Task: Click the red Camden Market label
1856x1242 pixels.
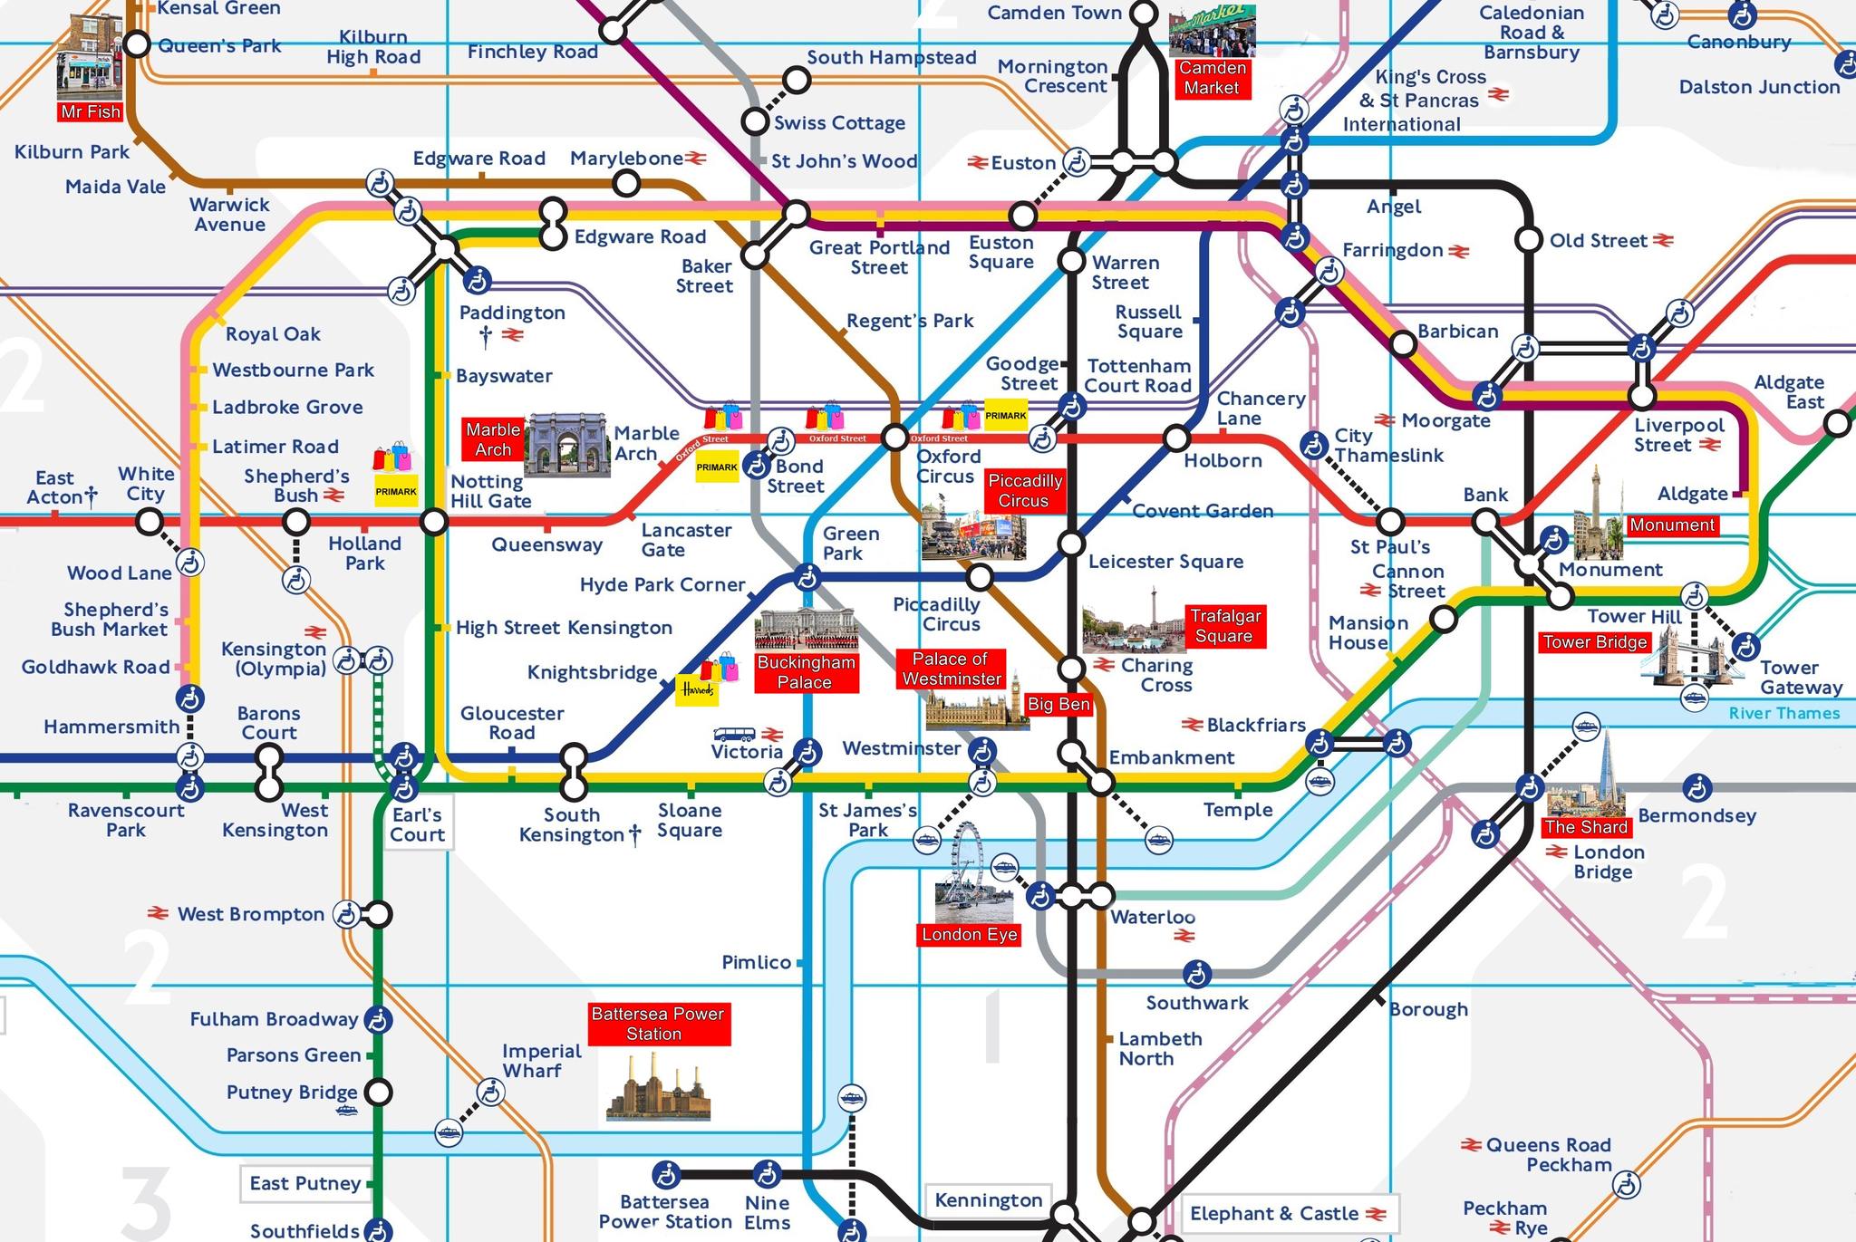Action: tap(1212, 79)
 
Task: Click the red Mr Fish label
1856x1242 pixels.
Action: tap(90, 111)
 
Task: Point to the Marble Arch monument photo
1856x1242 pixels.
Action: tap(567, 444)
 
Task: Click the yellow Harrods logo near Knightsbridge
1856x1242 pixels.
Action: tap(697, 690)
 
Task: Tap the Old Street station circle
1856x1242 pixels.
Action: tap(1529, 240)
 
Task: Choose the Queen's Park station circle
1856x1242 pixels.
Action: tap(137, 43)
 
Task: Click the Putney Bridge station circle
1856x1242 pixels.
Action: tap(379, 1092)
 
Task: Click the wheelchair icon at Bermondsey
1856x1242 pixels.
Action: tap(1696, 788)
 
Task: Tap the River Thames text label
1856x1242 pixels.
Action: tap(1783, 713)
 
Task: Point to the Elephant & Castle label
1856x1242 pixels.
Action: tap(1273, 1213)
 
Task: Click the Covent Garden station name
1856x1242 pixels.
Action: tap(1203, 511)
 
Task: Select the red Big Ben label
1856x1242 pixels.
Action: tap(1058, 704)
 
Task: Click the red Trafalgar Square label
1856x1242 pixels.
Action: tap(1224, 626)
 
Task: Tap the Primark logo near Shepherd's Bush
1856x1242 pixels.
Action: tap(396, 491)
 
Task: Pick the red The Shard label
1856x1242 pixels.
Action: tap(1585, 826)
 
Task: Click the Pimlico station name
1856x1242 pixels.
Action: tap(756, 962)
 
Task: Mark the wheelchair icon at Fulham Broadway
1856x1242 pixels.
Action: tap(378, 1020)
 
